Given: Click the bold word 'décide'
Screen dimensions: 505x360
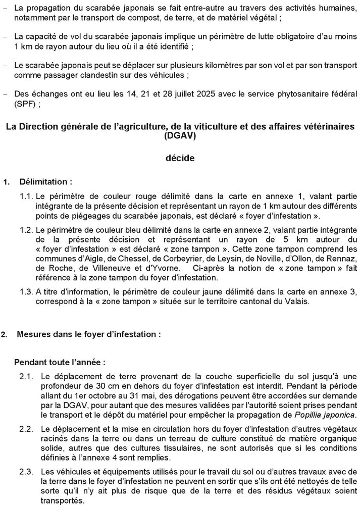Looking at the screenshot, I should [x=180, y=158].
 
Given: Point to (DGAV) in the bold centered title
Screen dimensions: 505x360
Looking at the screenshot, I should [x=180, y=135].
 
